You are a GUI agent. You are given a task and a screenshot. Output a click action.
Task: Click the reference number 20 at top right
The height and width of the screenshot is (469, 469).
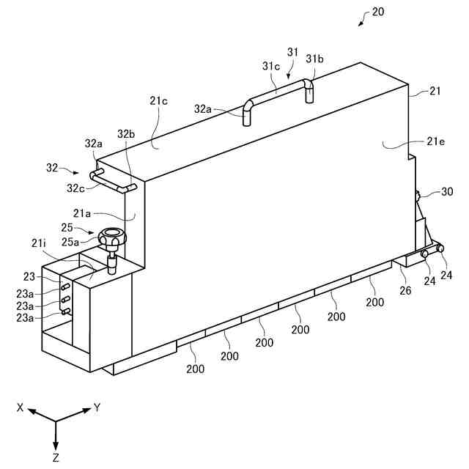[x=378, y=12]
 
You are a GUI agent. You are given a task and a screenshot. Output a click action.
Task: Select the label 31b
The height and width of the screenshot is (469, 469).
[x=315, y=58]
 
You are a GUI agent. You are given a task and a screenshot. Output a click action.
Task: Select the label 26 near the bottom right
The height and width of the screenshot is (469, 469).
[x=405, y=290]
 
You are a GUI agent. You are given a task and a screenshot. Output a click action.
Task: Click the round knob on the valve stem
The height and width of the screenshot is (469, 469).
[x=111, y=237]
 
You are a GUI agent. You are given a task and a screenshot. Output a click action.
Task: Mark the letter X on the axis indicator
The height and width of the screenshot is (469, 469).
[x=21, y=407]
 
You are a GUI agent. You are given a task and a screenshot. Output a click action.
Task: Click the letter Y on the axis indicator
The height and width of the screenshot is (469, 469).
[x=96, y=407]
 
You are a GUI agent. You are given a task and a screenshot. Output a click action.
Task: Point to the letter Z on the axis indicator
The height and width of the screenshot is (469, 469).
[x=56, y=457]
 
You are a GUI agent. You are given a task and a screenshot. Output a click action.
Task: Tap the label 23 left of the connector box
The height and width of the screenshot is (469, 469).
[x=29, y=277]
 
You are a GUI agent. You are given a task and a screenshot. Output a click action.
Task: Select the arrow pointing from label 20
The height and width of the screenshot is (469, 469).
[x=362, y=22]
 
